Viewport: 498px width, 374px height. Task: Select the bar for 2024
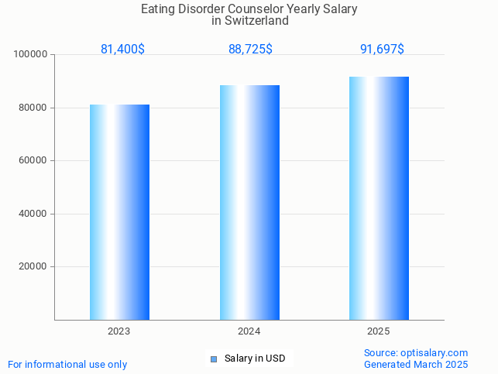(x=249, y=202)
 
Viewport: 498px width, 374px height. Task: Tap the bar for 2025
(x=379, y=197)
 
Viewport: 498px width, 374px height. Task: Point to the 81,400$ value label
(x=122, y=49)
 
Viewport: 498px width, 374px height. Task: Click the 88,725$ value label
(x=250, y=49)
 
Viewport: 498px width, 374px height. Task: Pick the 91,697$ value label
(x=382, y=49)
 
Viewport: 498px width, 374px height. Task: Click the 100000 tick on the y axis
(x=31, y=55)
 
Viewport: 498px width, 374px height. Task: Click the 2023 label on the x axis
(x=118, y=331)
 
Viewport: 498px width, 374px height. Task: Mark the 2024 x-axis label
(x=249, y=331)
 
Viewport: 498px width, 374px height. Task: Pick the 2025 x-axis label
(x=379, y=331)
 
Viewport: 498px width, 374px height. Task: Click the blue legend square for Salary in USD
(x=214, y=359)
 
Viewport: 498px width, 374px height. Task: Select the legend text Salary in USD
(x=255, y=359)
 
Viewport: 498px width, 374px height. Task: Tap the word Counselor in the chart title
(x=249, y=9)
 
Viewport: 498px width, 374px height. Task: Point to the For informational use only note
(x=67, y=364)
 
